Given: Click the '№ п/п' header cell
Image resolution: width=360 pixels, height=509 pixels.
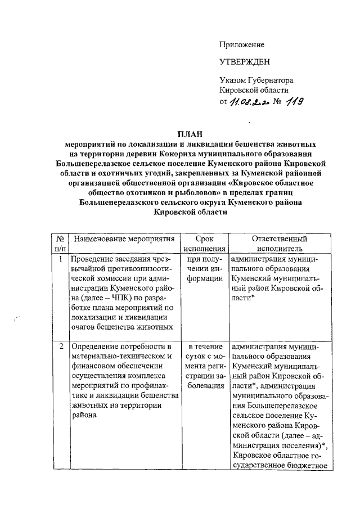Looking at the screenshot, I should [60, 243].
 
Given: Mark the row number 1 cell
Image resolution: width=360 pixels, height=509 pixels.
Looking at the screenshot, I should [60, 259].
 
